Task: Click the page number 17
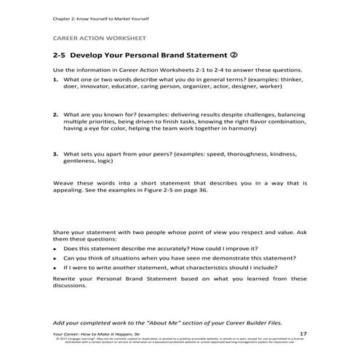[303, 333]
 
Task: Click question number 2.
[56, 114]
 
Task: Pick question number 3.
[56, 153]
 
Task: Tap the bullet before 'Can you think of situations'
[57, 258]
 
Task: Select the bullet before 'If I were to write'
[57, 268]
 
